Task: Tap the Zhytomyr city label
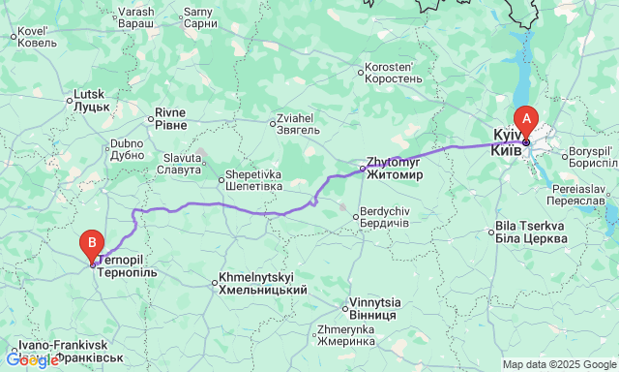pos(395,169)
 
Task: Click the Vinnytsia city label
pos(371,309)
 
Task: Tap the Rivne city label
pos(172,118)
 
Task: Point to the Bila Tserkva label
pos(530,232)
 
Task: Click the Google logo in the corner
pos(32,360)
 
